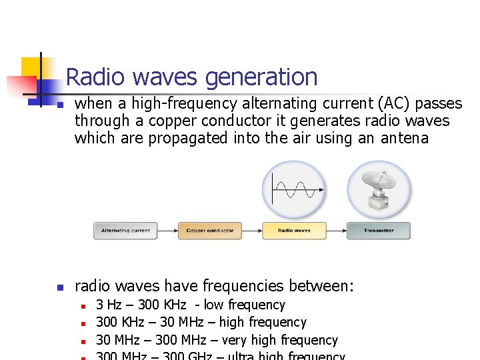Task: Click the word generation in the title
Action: (261, 78)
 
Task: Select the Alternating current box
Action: (125, 231)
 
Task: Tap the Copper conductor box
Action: (210, 231)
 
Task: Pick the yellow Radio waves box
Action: (294, 231)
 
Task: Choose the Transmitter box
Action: (378, 231)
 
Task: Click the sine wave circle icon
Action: (294, 189)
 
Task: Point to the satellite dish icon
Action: (378, 189)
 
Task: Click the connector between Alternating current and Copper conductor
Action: (168, 231)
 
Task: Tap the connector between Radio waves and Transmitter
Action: (336, 231)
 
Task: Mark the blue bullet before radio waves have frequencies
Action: (60, 287)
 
